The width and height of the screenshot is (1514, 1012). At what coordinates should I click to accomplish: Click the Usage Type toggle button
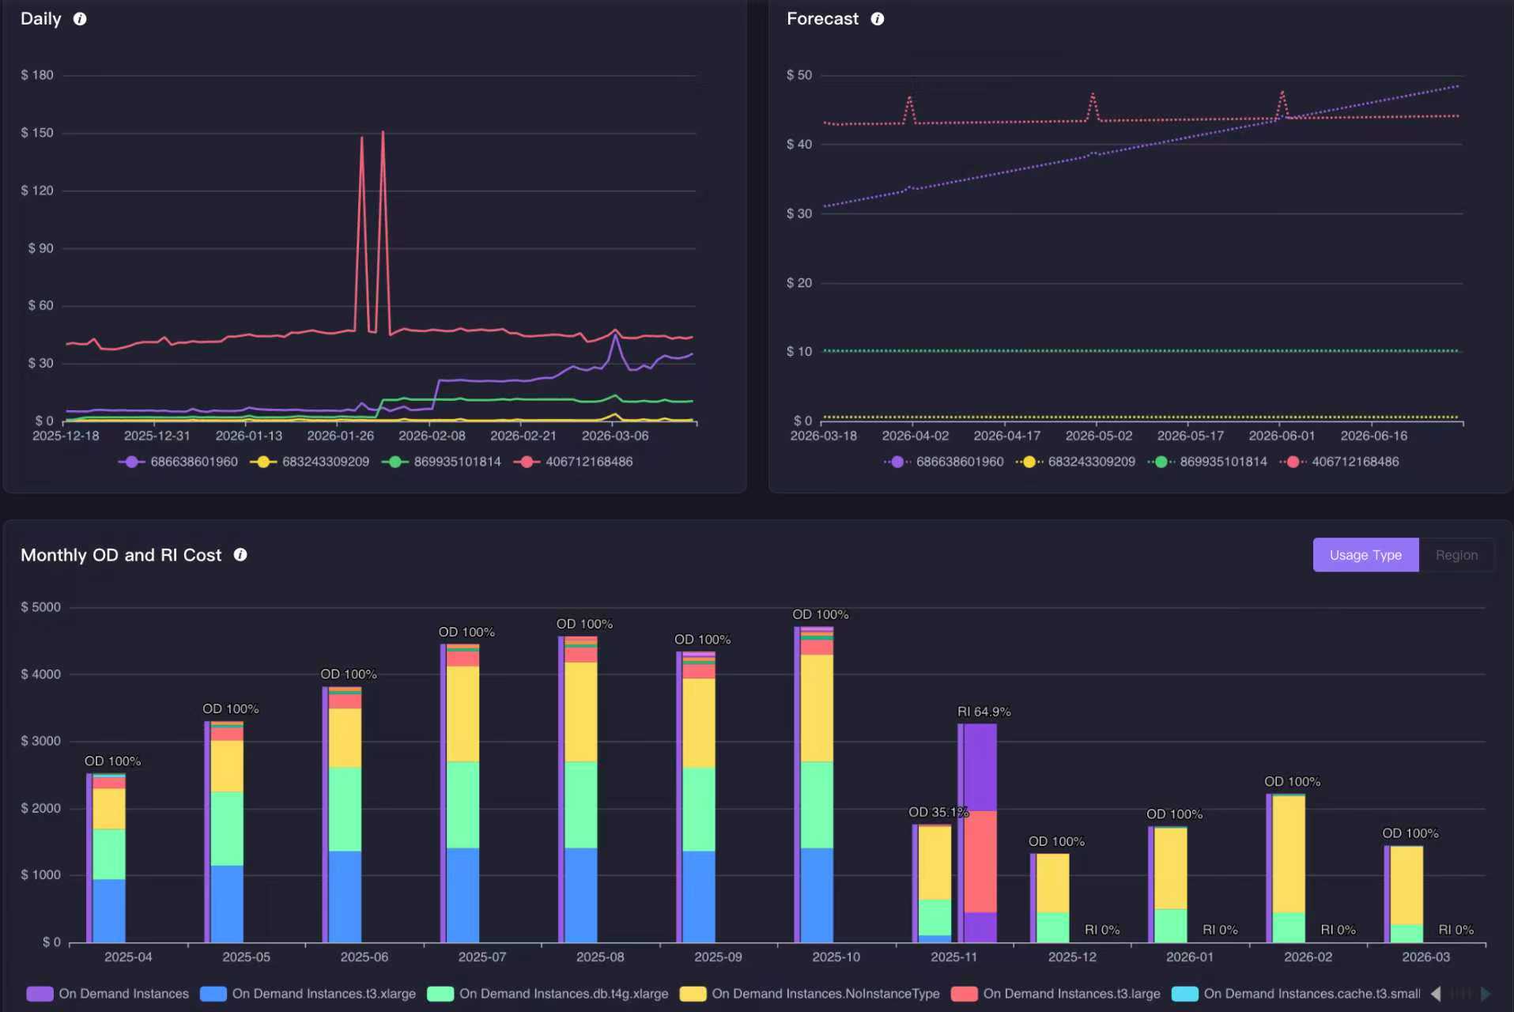coord(1365,555)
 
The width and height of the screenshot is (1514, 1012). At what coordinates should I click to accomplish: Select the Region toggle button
coord(1456,555)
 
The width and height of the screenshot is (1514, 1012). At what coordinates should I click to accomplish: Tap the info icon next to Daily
coord(80,19)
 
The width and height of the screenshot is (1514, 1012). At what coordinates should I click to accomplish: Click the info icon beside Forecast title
coord(878,19)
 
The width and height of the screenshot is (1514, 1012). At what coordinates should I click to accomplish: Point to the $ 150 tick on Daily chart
coord(37,133)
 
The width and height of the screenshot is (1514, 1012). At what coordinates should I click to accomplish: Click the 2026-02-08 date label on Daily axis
coord(432,436)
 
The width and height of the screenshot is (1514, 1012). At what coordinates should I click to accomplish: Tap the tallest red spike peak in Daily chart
coord(383,133)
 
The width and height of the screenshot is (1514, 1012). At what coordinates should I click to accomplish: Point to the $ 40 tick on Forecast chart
coord(799,144)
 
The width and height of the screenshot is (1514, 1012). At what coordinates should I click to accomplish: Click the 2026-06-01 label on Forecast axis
coord(1282,436)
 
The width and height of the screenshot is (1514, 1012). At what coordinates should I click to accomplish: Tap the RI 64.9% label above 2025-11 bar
coord(984,712)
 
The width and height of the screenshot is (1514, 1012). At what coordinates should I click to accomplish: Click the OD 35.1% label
coord(938,812)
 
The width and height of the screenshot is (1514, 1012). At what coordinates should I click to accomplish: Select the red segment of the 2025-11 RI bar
coord(980,862)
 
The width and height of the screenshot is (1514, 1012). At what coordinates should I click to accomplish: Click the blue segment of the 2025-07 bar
coord(463,895)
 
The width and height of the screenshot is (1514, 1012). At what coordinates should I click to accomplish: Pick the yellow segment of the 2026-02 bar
coord(1289,854)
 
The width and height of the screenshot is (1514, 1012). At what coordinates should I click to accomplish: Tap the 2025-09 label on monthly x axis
coord(718,957)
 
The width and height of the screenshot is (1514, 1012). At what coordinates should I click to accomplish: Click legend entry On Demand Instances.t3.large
coord(1056,994)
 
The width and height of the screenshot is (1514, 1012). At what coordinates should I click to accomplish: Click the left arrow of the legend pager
coord(1436,994)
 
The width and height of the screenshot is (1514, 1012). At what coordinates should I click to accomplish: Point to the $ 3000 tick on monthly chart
coord(40,741)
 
